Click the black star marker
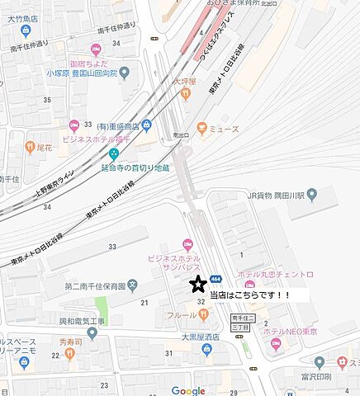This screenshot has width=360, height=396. [x=197, y=285]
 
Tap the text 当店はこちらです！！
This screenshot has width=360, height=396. [x=262, y=295]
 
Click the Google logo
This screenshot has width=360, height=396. [x=188, y=389]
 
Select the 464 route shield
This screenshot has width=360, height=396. [x=215, y=278]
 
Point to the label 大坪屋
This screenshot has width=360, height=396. [x=185, y=82]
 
